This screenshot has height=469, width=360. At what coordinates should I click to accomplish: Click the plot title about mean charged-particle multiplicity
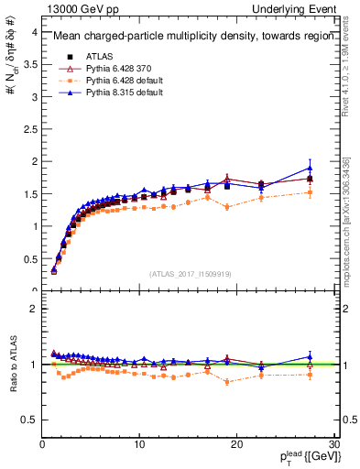pos(188,37)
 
